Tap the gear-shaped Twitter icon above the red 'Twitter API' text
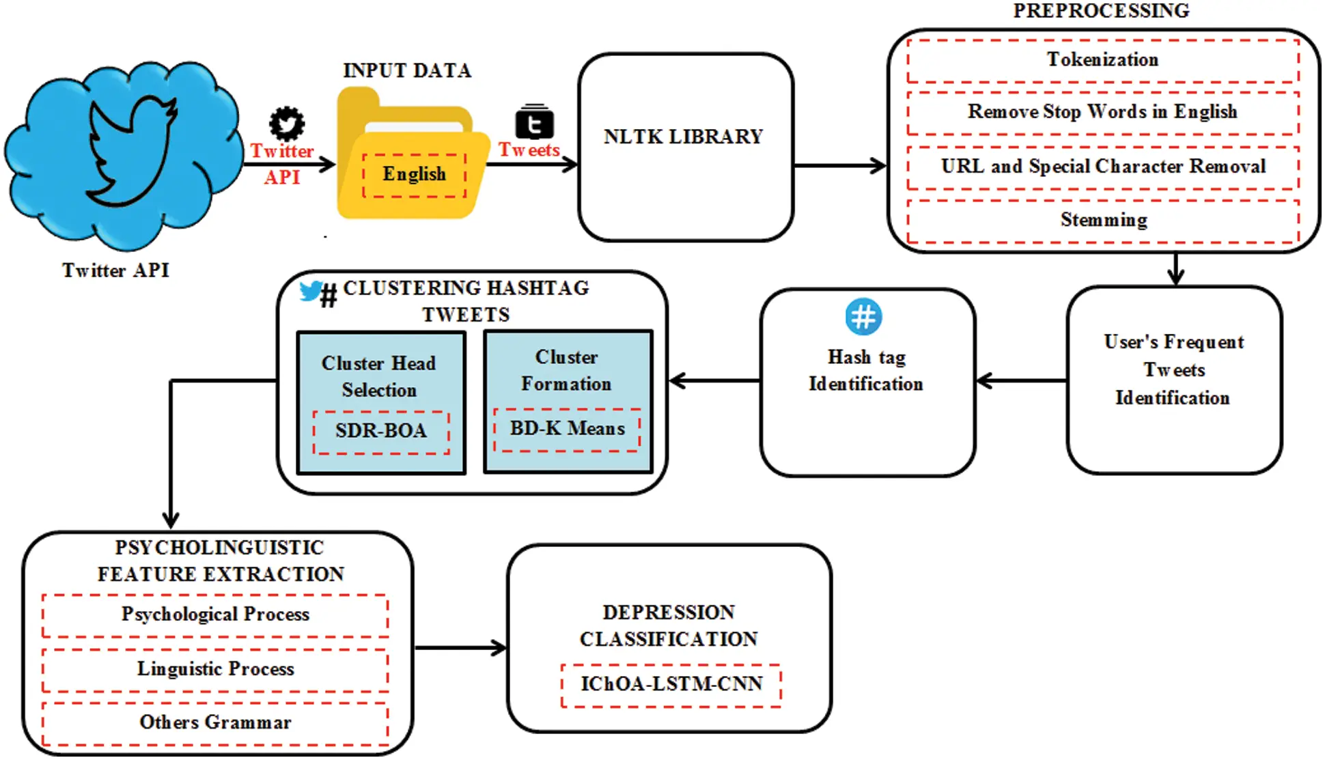click(287, 124)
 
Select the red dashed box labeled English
click(414, 175)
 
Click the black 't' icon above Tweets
click(534, 123)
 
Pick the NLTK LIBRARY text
click(683, 137)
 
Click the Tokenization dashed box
click(1102, 60)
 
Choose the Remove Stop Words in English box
click(1102, 112)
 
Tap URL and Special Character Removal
click(1102, 167)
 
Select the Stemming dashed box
click(1102, 221)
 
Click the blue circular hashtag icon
click(863, 317)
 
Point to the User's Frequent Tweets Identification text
click(1173, 370)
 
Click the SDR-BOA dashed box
click(381, 432)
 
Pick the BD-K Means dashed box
click(567, 430)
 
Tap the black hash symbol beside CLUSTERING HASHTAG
click(329, 296)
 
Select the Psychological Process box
click(215, 615)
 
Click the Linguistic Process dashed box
click(215, 669)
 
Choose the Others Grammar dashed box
click(215, 723)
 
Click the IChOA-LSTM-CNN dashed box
click(671, 684)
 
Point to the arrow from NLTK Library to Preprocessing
click(840, 165)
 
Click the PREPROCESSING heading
click(1101, 11)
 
